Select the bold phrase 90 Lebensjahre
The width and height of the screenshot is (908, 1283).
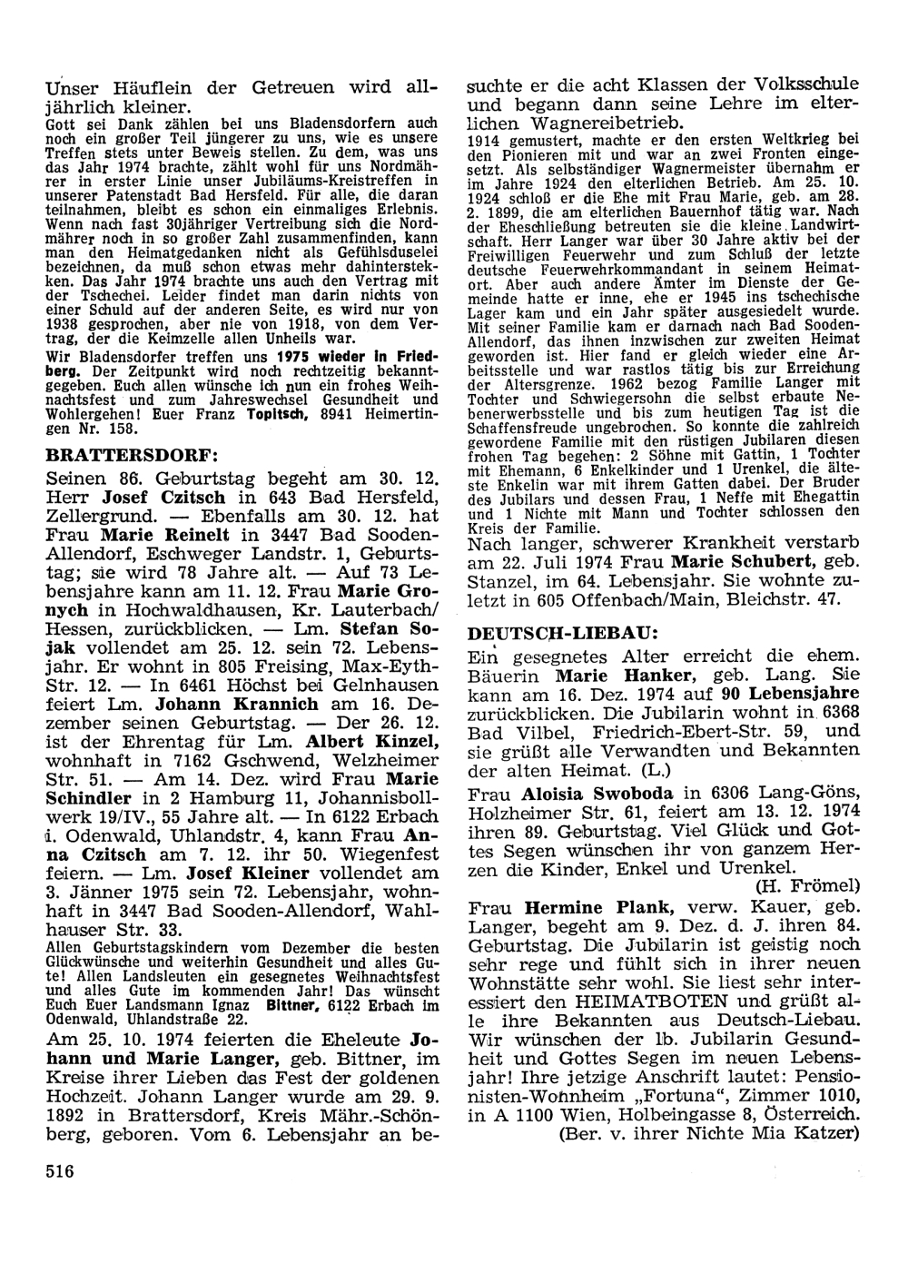[796, 694]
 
